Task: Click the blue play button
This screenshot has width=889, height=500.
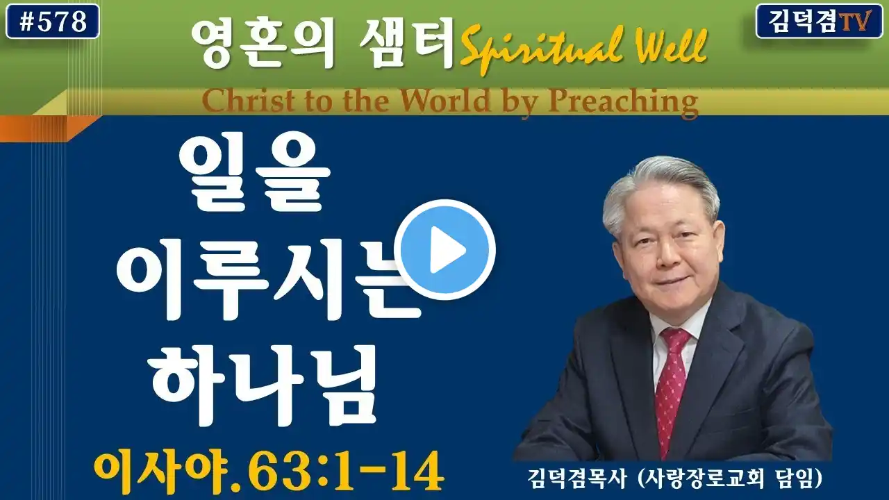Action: tap(448, 249)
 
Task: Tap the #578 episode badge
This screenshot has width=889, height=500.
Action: tap(53, 22)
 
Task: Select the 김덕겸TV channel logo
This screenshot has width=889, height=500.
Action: tap(819, 22)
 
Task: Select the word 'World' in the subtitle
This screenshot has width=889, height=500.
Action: tap(444, 101)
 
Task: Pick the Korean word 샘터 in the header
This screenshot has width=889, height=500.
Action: tap(406, 43)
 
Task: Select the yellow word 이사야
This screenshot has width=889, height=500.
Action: tap(161, 472)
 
